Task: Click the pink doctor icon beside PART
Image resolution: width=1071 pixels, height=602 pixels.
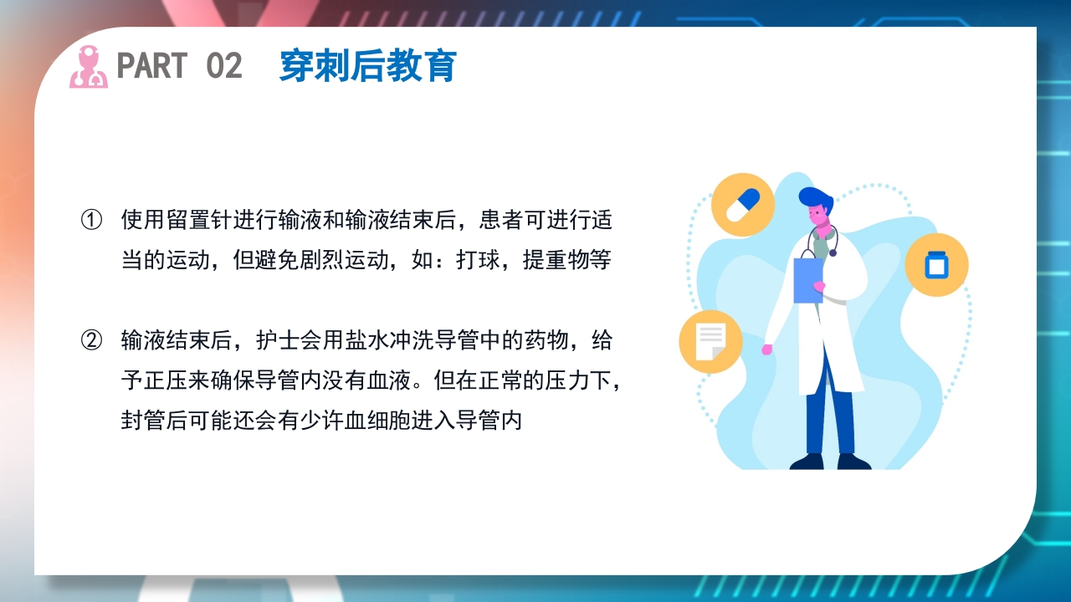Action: (x=88, y=67)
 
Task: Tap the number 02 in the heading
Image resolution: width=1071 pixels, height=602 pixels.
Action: (x=223, y=66)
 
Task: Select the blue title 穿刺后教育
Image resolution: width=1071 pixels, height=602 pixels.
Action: (x=367, y=66)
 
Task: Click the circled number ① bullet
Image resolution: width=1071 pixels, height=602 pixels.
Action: (x=90, y=221)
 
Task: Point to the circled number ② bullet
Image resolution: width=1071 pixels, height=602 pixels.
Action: (x=90, y=340)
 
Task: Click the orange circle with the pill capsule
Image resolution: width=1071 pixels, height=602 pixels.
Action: (x=742, y=205)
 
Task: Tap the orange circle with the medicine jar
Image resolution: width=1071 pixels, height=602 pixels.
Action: (x=935, y=265)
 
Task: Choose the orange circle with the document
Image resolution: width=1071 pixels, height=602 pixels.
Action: (x=710, y=341)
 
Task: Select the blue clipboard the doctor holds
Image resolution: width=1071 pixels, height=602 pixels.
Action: (x=807, y=279)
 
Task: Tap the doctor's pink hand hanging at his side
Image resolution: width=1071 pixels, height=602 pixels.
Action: (x=766, y=349)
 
